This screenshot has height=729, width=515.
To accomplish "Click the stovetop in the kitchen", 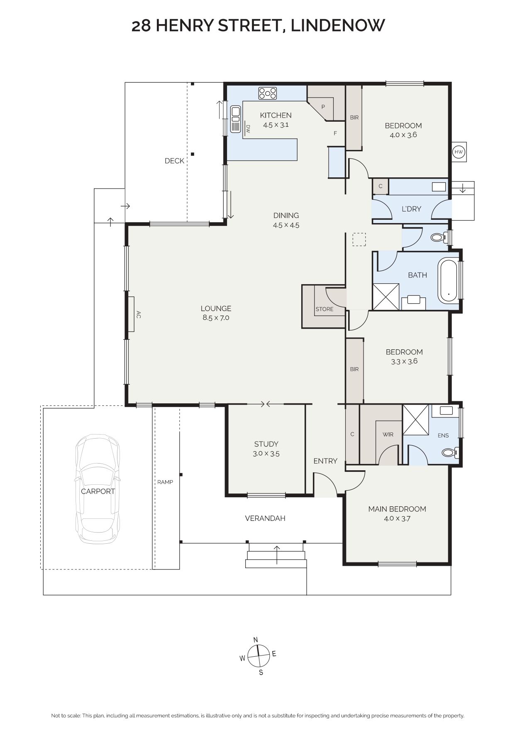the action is pos(268,93).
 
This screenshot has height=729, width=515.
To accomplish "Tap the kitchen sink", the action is pos(236,119).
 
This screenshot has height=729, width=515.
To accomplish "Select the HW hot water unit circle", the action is pos(459,152).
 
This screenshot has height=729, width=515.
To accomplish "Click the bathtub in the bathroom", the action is pos(449,280).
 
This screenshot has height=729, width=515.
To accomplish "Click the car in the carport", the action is pos(98,489).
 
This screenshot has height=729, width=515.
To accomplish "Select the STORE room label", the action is pos(325,309).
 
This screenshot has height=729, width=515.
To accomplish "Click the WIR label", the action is pos(388,434).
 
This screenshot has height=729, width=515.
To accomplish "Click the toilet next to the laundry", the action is pos(439,238).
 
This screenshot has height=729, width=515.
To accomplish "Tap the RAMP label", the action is pos(165,482).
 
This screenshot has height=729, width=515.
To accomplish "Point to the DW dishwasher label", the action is pos(248,129).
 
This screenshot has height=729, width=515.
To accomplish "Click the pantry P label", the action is pos(323,107).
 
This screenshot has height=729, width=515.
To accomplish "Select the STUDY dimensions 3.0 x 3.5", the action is pos(266,454).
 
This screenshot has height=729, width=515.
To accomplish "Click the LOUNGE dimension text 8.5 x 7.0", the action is pos(216,318).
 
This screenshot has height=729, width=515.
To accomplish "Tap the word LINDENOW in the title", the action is pos(337,25).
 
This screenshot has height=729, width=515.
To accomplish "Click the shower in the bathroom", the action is pos(386,297).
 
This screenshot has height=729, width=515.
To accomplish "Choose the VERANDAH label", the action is pos(265,518).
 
